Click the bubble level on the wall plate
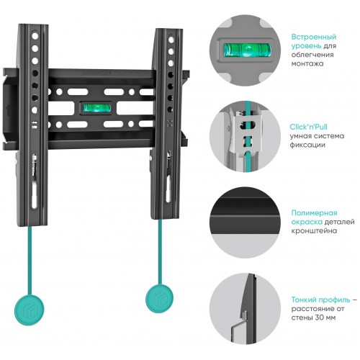[x=96, y=108]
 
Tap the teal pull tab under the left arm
[x=30, y=310]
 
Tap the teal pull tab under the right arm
[x=159, y=299]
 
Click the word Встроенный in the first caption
[x=314, y=37]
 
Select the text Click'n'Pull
[x=308, y=127]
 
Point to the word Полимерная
[x=314, y=212]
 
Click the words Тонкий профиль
[x=320, y=300]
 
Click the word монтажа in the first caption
[x=307, y=63]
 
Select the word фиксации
[x=307, y=145]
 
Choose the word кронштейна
[x=314, y=231]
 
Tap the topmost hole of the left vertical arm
[x=35, y=36]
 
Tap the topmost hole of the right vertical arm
[x=171, y=40]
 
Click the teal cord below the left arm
[x=30, y=261]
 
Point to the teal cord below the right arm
[x=160, y=252]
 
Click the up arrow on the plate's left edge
[x=8, y=110]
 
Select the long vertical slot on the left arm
[x=35, y=194]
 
